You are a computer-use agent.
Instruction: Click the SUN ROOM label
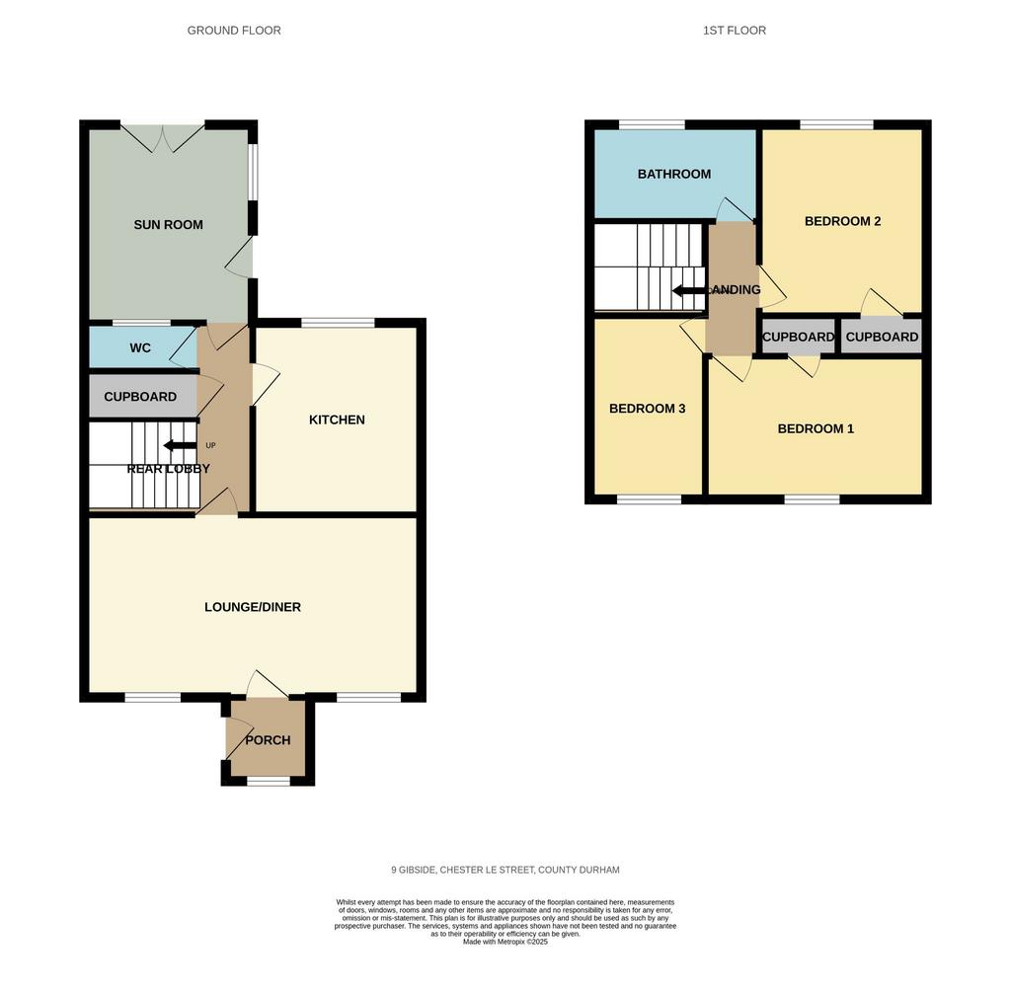click(168, 225)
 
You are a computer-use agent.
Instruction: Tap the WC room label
click(140, 348)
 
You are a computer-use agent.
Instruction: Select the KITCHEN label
click(337, 420)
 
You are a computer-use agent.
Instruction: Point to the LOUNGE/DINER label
click(253, 607)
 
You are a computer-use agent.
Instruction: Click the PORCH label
click(268, 740)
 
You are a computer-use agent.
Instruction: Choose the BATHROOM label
click(674, 174)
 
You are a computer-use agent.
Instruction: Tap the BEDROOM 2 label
click(843, 221)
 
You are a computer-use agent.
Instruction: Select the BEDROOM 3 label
click(648, 409)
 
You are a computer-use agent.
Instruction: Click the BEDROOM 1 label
click(816, 428)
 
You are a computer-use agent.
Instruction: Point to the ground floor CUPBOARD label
click(140, 397)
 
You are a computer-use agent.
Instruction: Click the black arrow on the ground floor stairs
click(180, 445)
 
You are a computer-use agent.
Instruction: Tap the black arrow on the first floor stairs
click(689, 291)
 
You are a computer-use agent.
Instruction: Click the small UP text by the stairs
click(210, 445)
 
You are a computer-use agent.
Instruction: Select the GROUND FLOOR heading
click(234, 31)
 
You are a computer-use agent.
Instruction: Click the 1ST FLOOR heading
click(735, 31)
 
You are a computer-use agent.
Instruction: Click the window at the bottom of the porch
click(269, 781)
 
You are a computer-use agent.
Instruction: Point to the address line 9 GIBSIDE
click(505, 870)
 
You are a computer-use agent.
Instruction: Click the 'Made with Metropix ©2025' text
click(505, 942)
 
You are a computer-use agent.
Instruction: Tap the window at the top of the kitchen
click(338, 323)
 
